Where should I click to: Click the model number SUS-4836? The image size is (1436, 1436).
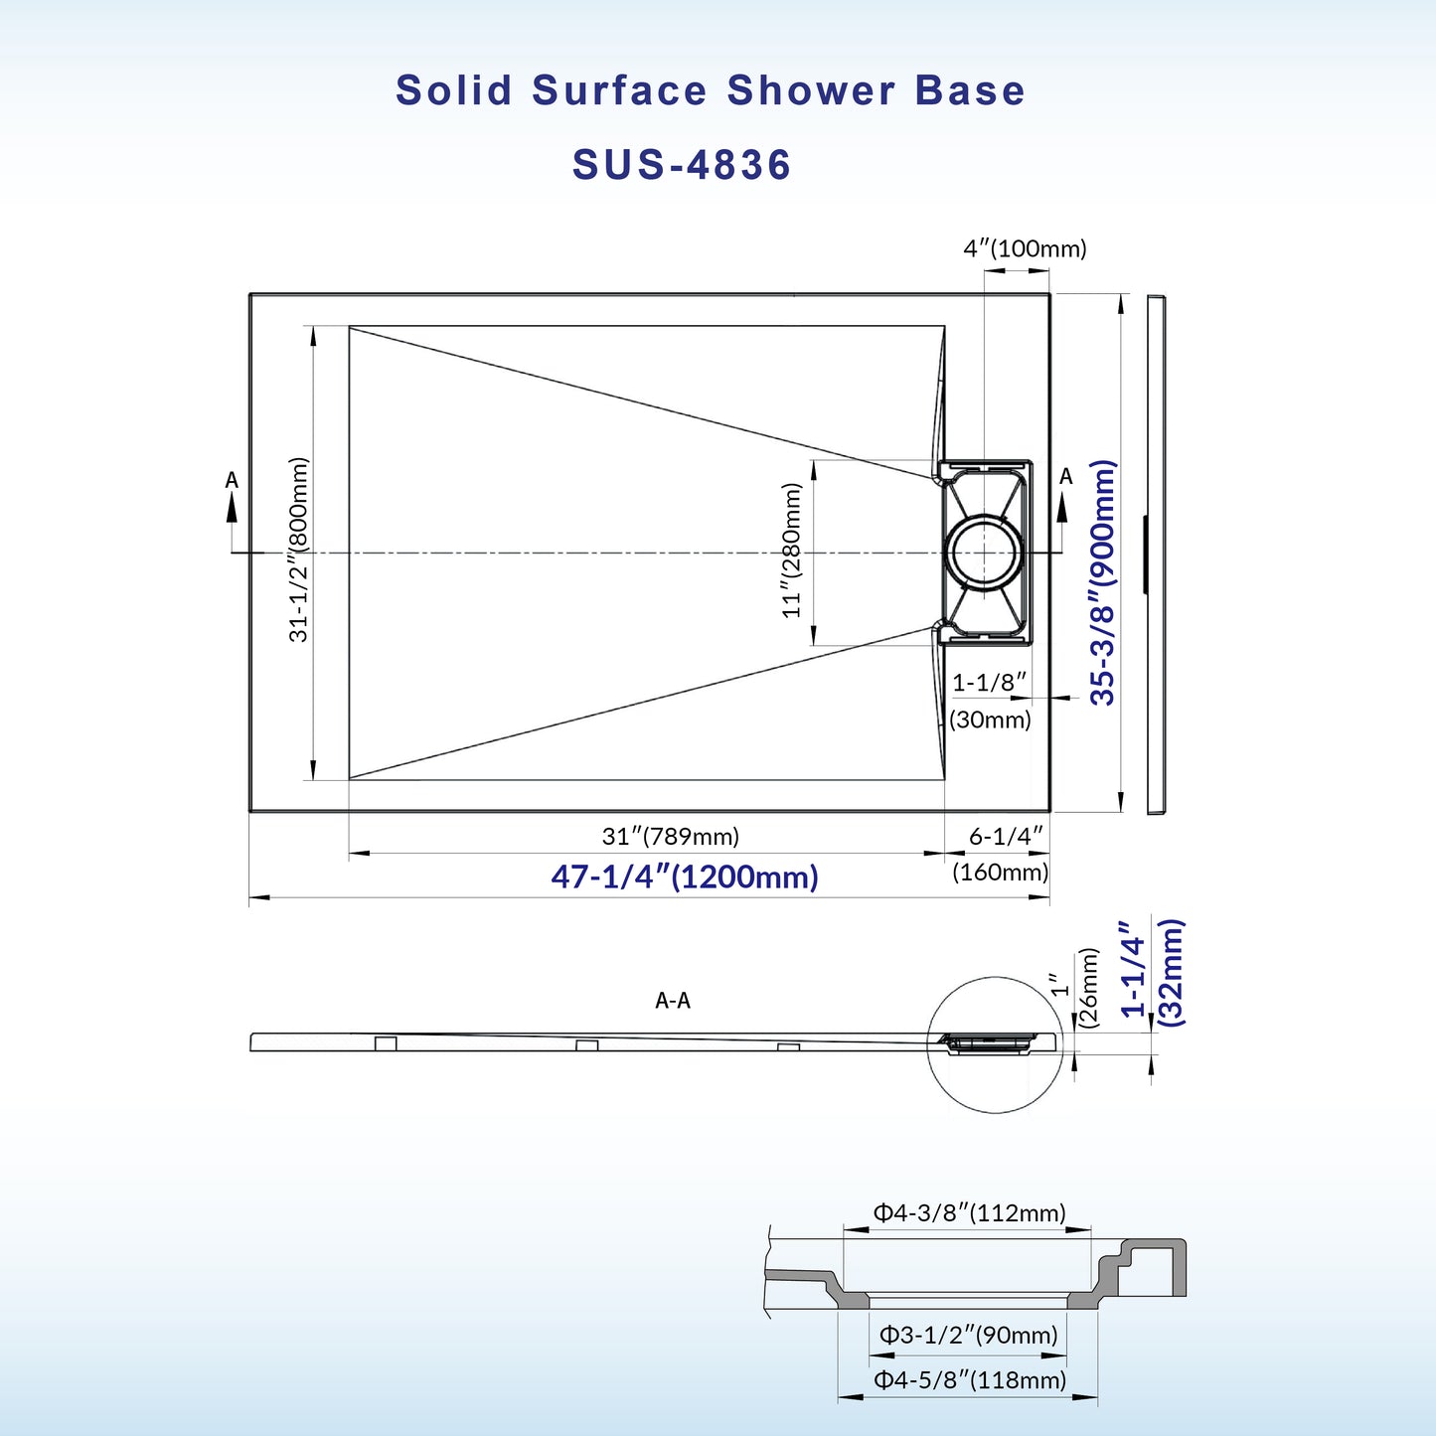point(682,165)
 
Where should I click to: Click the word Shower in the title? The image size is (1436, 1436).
point(811,90)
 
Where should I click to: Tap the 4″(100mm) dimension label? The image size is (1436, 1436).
point(1025,248)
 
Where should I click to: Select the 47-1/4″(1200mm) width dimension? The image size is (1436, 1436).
point(685,877)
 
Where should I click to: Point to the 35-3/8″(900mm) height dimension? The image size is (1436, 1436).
point(1103,582)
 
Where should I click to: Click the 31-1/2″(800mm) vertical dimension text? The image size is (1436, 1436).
point(299,549)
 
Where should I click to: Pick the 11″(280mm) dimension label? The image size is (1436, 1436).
point(791,550)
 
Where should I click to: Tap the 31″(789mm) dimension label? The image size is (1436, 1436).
point(671,837)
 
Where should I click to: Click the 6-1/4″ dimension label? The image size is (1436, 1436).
point(1006,837)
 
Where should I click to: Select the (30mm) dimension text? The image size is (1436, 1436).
point(990,719)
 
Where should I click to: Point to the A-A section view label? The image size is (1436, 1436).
point(673,1001)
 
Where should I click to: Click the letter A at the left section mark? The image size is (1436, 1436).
point(232,481)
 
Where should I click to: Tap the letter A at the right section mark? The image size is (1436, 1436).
point(1066,477)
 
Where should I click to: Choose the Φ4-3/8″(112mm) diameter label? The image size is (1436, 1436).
point(969,1213)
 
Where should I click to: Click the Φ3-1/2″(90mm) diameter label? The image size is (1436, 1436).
point(968,1336)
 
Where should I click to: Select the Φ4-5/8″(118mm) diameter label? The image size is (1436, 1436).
point(969,1380)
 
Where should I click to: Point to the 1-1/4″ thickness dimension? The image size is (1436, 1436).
point(1133,968)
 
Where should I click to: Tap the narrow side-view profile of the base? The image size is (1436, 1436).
point(1156,554)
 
